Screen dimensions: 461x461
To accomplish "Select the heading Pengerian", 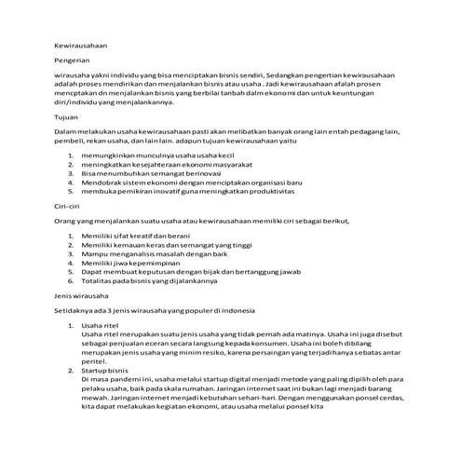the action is click(x=71, y=59).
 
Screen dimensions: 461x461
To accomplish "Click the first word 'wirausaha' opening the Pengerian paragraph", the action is click(x=75, y=75).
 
